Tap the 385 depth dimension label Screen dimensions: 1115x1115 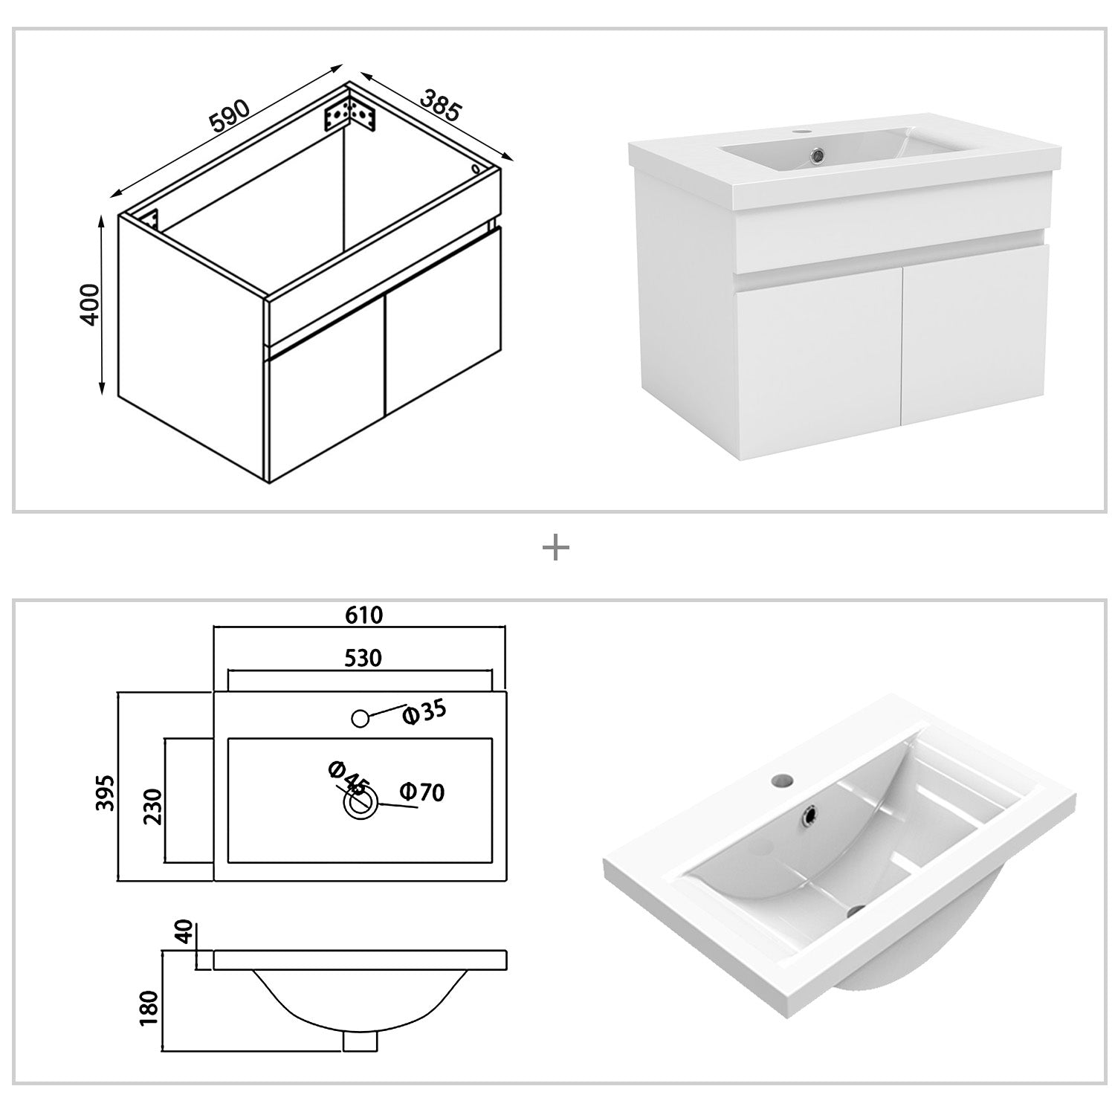[x=442, y=105]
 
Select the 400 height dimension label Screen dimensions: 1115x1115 [x=90, y=304]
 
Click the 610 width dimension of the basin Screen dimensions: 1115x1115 [x=364, y=614]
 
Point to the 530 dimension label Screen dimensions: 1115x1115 [x=363, y=658]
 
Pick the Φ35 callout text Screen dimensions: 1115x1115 [x=424, y=711]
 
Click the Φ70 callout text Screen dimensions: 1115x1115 [x=421, y=792]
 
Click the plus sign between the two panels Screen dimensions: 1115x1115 [x=556, y=549]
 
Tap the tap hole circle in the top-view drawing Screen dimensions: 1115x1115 [x=361, y=718]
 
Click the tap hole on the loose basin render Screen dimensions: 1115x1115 [x=782, y=780]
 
